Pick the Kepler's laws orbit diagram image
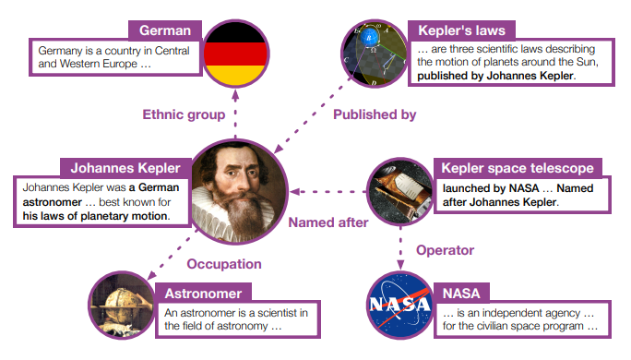(x=375, y=53)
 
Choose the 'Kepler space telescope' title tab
(x=516, y=169)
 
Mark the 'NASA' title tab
(x=460, y=294)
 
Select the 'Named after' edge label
(x=327, y=222)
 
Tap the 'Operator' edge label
(x=445, y=250)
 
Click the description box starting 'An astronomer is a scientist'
(x=237, y=319)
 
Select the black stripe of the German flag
(x=235, y=31)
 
